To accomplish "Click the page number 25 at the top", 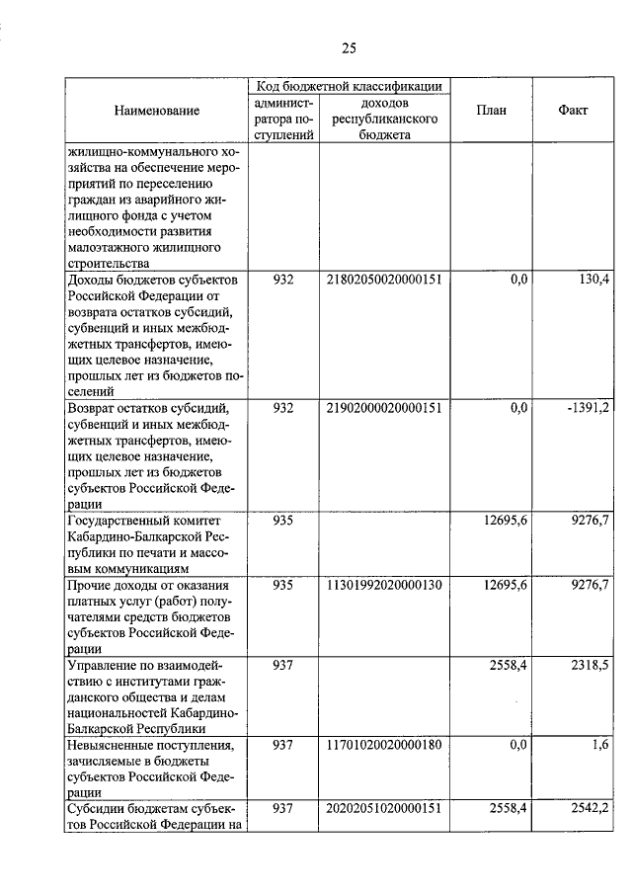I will click(x=349, y=46).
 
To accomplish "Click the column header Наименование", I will click(x=156, y=112).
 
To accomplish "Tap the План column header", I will click(x=490, y=111).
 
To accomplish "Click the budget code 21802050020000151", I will click(x=383, y=281).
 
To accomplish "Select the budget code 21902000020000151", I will click(x=383, y=408).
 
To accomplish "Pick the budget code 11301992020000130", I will click(x=383, y=586).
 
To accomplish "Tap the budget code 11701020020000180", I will click(x=383, y=746).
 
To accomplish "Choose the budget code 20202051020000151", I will click(x=383, y=809).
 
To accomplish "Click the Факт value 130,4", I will click(x=592, y=281).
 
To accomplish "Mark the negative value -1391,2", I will click(x=588, y=408).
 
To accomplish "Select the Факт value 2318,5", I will click(x=590, y=666).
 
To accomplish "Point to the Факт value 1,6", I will click(x=599, y=746).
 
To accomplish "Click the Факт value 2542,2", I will click(x=590, y=809).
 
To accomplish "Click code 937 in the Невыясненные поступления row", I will click(x=283, y=746).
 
